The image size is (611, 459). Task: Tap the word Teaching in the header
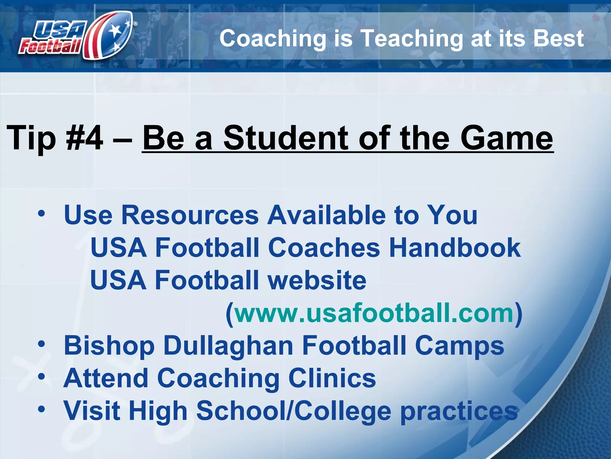point(412,39)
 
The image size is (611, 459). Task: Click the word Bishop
point(109,346)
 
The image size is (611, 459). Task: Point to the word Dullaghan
point(228,346)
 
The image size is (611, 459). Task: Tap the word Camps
point(459,346)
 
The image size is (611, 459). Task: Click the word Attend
point(106,378)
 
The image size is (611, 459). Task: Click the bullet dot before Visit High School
point(41,408)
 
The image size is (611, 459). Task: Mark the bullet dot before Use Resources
point(41,213)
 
